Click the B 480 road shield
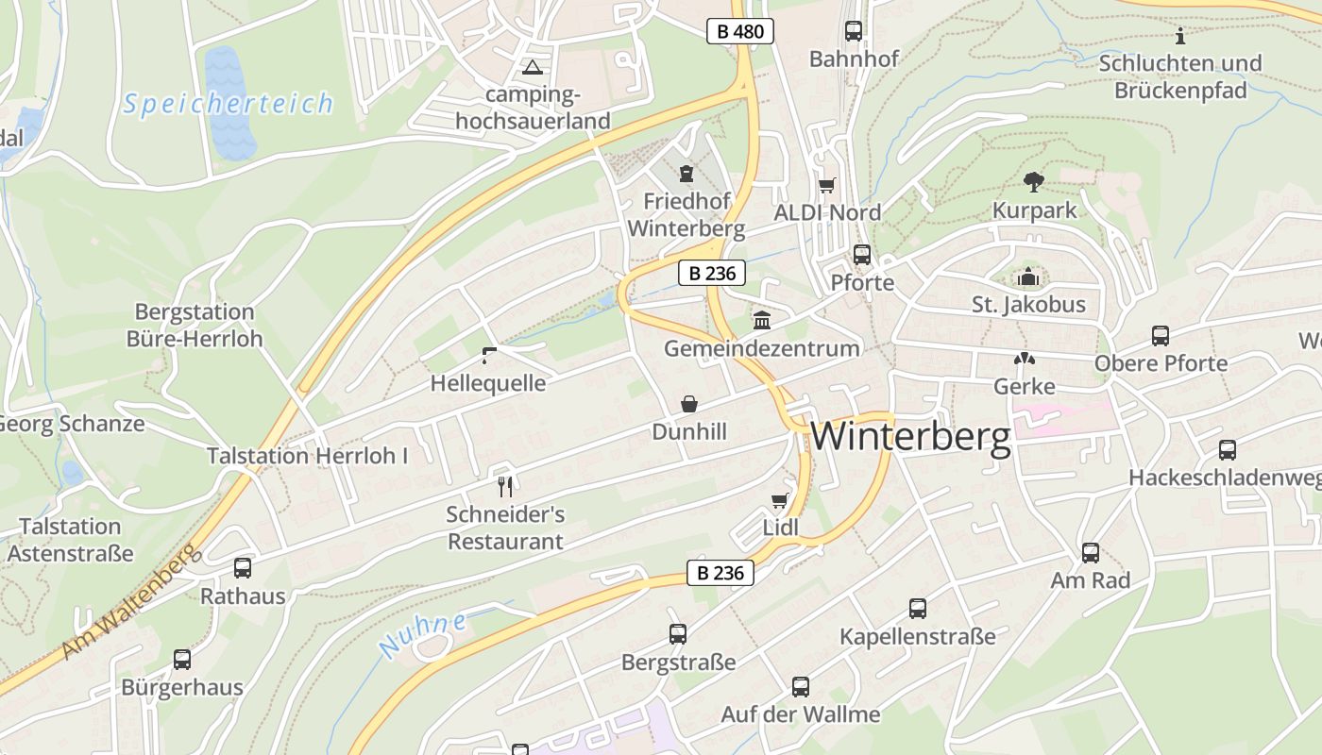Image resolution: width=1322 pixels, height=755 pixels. click(x=740, y=31)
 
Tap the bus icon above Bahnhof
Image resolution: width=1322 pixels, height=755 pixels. click(x=854, y=31)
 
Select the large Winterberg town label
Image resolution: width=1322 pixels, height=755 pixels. click(x=910, y=436)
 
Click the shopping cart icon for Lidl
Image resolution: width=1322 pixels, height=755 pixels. click(x=779, y=500)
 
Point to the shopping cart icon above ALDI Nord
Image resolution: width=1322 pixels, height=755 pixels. click(x=826, y=185)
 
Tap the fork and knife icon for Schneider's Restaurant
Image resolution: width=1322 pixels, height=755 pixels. click(x=505, y=486)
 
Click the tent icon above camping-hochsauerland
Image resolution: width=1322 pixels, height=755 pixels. click(x=533, y=67)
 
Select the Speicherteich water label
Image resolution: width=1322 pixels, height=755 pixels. click(x=228, y=103)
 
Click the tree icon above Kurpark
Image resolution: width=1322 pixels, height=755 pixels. click(x=1034, y=181)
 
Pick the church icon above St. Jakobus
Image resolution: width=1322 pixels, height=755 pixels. click(x=1028, y=277)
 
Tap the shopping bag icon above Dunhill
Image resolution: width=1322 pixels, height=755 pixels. click(x=689, y=404)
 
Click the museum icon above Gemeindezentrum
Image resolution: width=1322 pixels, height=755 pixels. click(x=761, y=321)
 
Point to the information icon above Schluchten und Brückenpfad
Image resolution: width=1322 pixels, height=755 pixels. click(x=1180, y=36)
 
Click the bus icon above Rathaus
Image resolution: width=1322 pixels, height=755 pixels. click(x=243, y=567)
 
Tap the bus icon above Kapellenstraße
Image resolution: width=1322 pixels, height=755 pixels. click(x=917, y=609)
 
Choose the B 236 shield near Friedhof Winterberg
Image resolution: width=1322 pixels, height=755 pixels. click(x=712, y=274)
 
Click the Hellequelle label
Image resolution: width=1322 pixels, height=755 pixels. click(x=487, y=383)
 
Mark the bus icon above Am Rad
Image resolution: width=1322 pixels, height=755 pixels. click(x=1091, y=553)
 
